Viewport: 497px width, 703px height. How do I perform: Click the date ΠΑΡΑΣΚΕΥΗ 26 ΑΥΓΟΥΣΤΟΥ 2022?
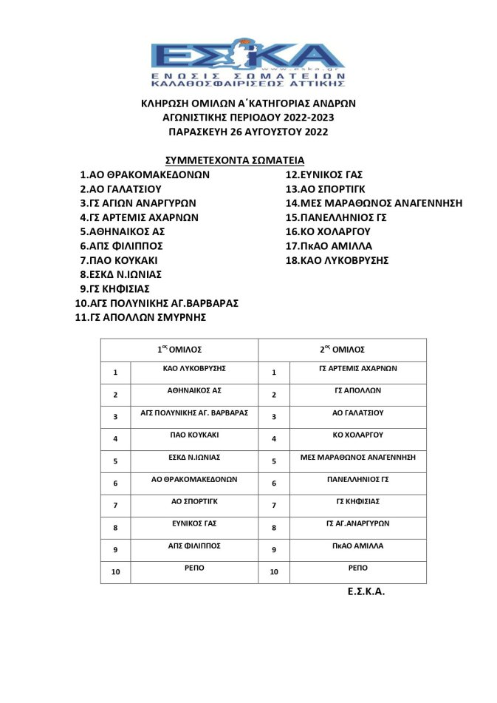click(248, 132)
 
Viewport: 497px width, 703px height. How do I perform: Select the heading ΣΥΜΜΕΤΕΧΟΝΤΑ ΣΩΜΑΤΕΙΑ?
click(235, 160)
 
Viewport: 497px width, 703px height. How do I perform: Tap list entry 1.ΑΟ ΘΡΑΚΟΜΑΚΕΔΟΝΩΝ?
click(145, 175)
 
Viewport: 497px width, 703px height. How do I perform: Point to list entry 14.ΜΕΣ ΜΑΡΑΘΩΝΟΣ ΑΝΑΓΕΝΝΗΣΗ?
click(374, 203)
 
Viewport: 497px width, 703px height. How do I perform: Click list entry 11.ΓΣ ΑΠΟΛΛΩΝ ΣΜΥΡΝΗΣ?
click(140, 317)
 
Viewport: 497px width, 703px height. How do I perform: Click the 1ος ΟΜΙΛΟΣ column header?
click(179, 350)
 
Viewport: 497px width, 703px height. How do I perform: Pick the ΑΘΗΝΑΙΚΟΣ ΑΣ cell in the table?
click(193, 390)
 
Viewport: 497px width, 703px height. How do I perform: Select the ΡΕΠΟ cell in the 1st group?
click(193, 568)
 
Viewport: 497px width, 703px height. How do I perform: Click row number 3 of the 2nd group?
click(274, 417)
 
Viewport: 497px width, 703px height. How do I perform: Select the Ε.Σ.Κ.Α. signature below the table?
click(366, 592)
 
